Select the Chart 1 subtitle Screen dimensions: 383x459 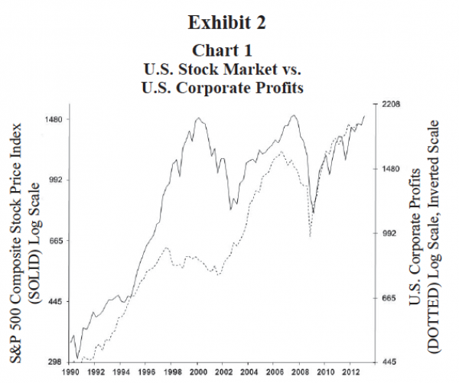(x=229, y=51)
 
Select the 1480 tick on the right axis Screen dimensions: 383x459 (x=390, y=169)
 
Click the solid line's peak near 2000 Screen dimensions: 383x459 (x=199, y=118)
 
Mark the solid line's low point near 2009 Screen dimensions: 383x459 (x=314, y=213)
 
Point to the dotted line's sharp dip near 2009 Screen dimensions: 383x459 (x=310, y=236)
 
